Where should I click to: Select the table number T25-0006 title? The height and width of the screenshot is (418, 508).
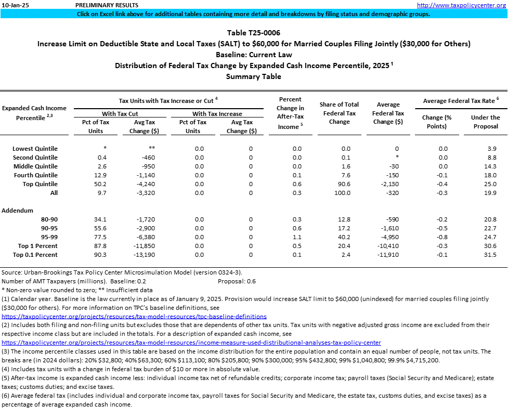254,33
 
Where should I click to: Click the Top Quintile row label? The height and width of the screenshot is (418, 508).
40,184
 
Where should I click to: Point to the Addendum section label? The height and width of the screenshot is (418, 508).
18,211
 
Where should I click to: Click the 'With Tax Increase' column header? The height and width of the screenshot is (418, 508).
217,114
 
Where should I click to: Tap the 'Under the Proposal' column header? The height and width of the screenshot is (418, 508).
485,122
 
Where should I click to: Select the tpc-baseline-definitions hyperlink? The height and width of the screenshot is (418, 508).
134,316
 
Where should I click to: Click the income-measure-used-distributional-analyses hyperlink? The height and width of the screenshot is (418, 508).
191,343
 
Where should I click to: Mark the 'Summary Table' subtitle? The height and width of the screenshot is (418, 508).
254,76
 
